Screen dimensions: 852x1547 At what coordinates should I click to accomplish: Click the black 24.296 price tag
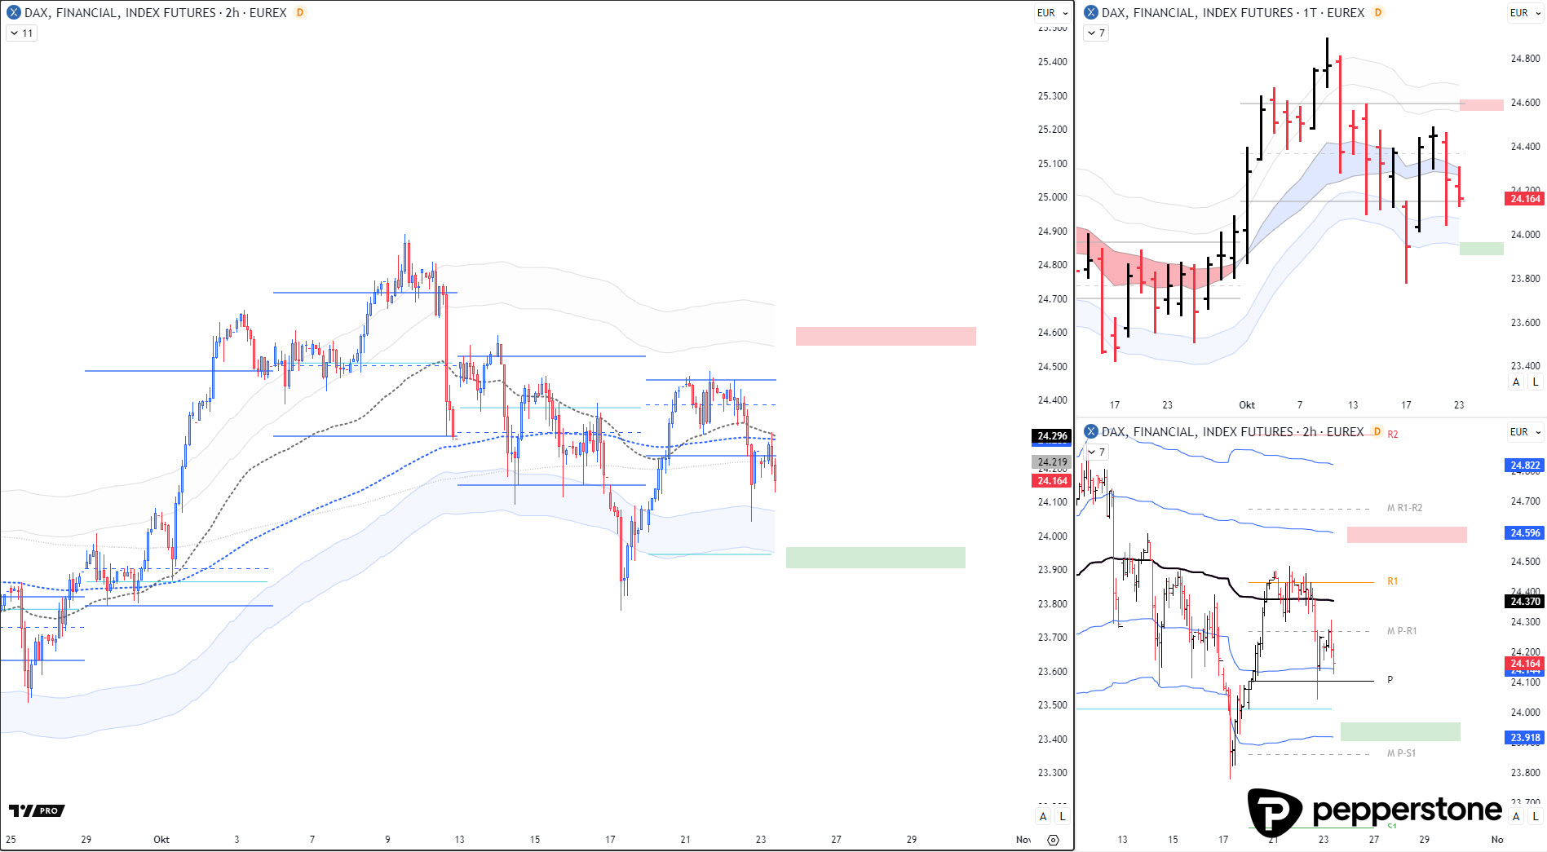click(1052, 436)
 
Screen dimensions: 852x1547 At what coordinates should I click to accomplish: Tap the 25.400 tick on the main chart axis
click(1052, 62)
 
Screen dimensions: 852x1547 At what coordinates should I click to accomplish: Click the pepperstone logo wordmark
click(1407, 810)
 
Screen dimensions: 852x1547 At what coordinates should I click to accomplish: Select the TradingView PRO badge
click(37, 810)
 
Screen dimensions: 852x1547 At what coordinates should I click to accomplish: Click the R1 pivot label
click(1393, 581)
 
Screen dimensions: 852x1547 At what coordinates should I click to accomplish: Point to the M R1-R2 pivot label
click(1404, 508)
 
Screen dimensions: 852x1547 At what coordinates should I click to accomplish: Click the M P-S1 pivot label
click(1401, 753)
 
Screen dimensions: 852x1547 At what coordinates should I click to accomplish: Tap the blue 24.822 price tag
click(1525, 466)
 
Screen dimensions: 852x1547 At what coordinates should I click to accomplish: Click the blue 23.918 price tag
click(1525, 738)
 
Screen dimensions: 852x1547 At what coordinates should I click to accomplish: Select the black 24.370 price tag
click(1525, 602)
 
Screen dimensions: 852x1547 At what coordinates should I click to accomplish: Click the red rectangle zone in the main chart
click(886, 336)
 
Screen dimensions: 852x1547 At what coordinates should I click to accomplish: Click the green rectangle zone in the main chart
click(875, 558)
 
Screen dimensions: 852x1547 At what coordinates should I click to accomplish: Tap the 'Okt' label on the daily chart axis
click(1247, 405)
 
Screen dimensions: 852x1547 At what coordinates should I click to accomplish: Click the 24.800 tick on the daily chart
click(1525, 59)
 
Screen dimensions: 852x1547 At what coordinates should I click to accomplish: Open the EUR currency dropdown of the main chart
click(1052, 13)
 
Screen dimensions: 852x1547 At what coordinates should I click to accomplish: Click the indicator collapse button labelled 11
click(22, 33)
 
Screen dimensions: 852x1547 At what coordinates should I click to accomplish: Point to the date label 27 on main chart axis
click(836, 840)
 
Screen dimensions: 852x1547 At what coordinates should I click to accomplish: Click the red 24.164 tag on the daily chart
click(1525, 199)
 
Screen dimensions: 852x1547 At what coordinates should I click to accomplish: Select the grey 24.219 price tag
click(1052, 462)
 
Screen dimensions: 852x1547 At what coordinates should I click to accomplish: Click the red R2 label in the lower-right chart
click(1393, 435)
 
